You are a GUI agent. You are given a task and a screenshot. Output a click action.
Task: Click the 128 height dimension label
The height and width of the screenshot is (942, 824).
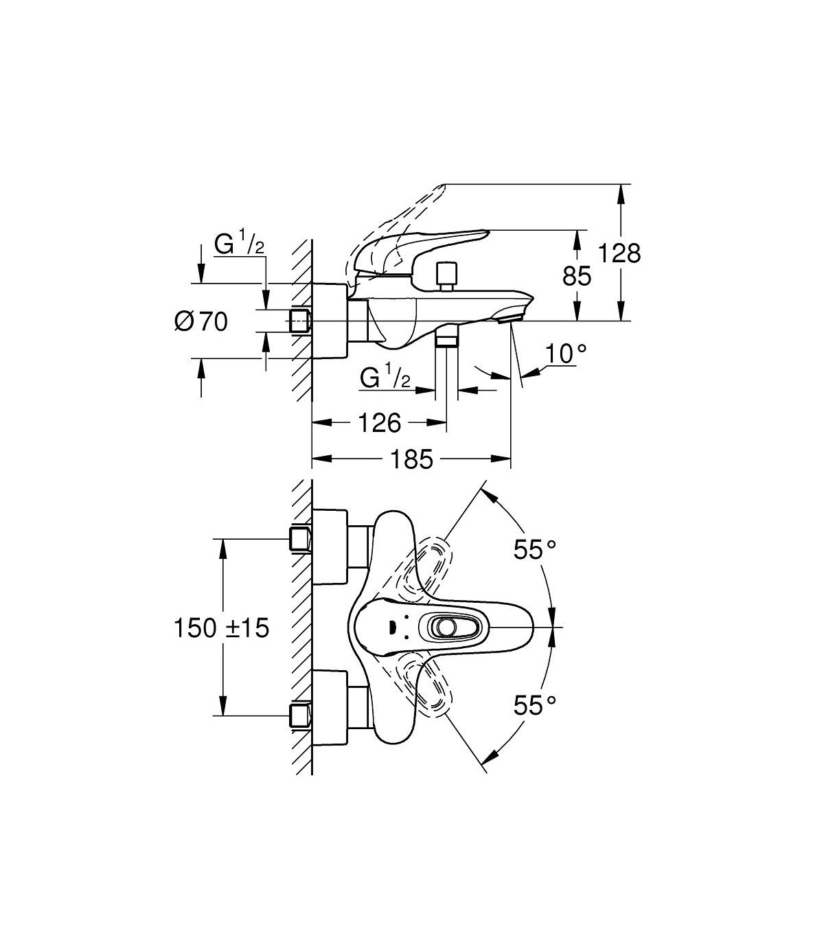tap(619, 253)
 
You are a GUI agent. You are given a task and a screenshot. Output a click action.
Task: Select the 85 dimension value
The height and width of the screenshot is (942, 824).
tap(576, 276)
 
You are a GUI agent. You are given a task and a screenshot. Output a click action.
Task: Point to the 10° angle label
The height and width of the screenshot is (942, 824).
tap(566, 354)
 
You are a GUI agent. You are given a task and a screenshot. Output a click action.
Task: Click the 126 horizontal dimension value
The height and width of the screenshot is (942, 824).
tap(380, 423)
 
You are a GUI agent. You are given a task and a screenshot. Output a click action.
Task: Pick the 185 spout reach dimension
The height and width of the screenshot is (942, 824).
tap(412, 459)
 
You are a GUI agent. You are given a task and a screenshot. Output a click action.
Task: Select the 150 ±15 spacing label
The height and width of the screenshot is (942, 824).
tap(221, 628)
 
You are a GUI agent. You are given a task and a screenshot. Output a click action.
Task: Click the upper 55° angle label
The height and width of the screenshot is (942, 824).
tap(534, 549)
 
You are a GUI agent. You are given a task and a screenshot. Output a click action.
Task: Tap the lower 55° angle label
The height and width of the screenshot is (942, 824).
tap(534, 706)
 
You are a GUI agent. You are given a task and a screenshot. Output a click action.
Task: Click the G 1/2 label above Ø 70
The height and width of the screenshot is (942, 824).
tap(240, 244)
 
